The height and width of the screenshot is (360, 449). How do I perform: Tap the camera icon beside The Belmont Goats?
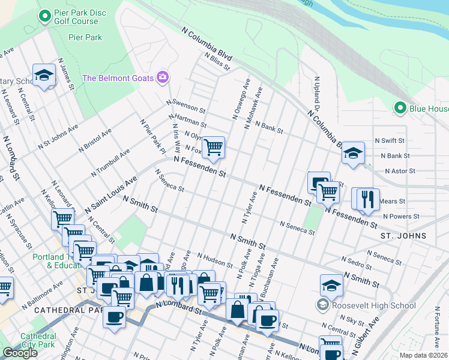[162, 77]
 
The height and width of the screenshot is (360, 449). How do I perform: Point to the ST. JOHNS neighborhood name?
[403, 236]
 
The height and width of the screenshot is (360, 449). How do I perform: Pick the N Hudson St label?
[214, 260]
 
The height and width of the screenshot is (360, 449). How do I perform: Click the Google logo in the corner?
[20, 352]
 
